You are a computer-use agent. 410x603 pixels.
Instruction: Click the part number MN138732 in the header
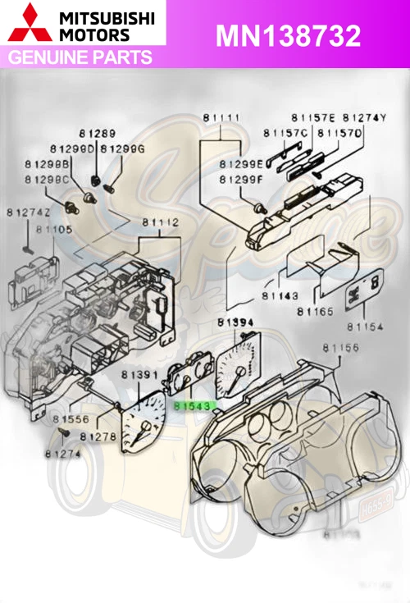pyautogui.click(x=288, y=35)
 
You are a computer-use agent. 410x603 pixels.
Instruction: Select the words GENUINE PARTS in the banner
pyautogui.click(x=80, y=57)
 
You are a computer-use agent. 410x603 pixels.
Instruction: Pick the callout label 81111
pyautogui.click(x=222, y=118)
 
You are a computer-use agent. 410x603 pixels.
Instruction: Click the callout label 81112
pyautogui.click(x=161, y=222)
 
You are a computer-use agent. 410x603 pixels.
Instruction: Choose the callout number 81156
pyautogui.click(x=341, y=349)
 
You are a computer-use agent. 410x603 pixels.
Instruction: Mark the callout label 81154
pyautogui.click(x=365, y=327)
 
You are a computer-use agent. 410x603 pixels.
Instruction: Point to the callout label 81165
pyautogui.click(x=315, y=312)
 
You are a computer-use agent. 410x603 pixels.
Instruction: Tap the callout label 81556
pyautogui.click(x=72, y=418)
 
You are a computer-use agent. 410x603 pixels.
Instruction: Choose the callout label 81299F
pyautogui.click(x=241, y=178)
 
